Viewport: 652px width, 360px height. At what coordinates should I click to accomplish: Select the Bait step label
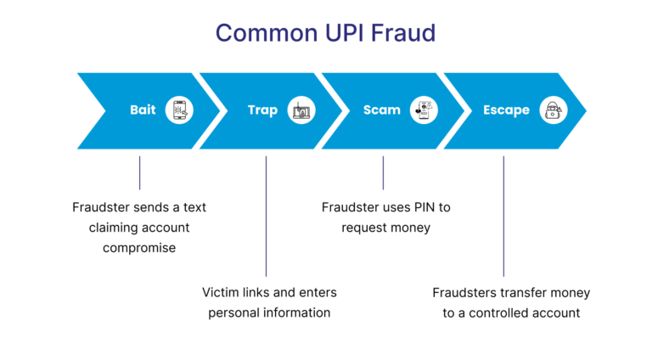click(x=143, y=110)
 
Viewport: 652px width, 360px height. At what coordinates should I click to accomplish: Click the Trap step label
click(x=262, y=110)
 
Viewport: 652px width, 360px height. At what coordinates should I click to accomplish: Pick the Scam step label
click(x=382, y=110)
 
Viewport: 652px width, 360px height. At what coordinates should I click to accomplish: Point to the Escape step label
click(x=506, y=110)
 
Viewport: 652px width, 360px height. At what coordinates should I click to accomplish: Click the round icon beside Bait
click(x=180, y=110)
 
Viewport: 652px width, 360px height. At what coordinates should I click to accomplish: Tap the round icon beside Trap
click(x=301, y=110)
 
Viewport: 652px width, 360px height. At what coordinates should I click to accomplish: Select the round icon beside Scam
click(x=424, y=110)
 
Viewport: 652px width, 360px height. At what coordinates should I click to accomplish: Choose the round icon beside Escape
click(x=553, y=110)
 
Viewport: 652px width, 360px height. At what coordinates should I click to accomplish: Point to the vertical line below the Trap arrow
click(x=266, y=216)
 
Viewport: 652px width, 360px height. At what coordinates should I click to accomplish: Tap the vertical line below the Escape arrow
click(x=503, y=216)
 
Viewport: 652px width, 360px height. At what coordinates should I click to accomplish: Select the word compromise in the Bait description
click(x=139, y=248)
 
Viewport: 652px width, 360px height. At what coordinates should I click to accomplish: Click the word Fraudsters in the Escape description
click(x=465, y=293)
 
